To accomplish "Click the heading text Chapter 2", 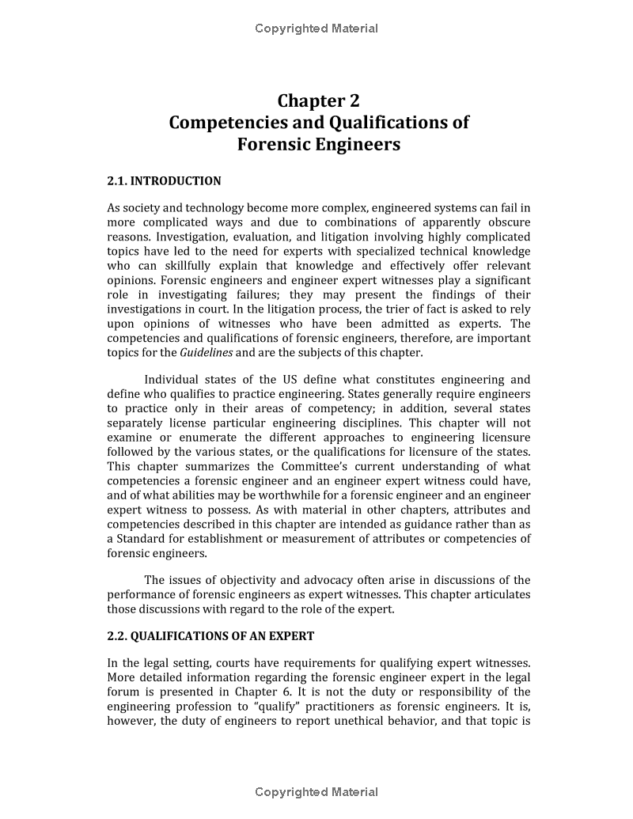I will (x=318, y=101).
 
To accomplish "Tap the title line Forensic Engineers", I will (x=318, y=145).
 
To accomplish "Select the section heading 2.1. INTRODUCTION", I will (x=164, y=181).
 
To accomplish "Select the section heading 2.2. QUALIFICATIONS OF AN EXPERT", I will (x=210, y=636).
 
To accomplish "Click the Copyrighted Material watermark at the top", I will (x=316, y=28).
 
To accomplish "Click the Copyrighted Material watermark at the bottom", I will (x=316, y=792).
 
